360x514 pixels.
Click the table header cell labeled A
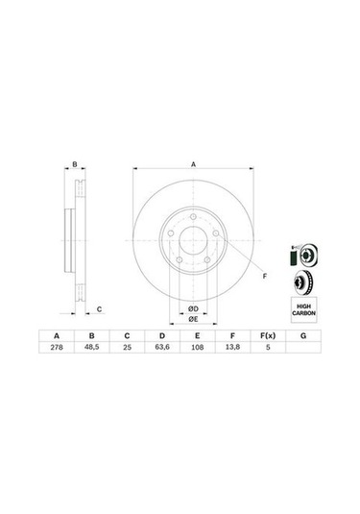pos(57,335)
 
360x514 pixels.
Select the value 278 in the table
pos(57,347)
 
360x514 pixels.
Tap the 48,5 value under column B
pos(92,347)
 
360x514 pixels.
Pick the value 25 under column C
pos(127,347)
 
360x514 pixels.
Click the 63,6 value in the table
pos(162,347)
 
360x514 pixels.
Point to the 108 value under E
pos(197,347)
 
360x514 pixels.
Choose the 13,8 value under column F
pos(232,347)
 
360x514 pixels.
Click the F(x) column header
pos(268,335)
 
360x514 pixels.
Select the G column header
pos(303,335)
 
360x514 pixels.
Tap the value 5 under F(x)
pos(268,347)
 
